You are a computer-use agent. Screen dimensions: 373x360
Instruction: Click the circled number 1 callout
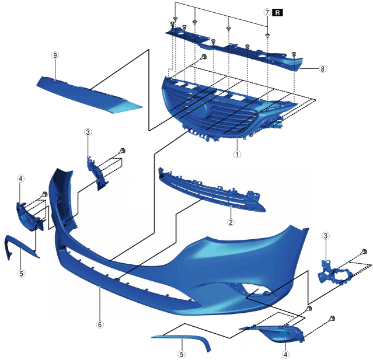pos(237,154)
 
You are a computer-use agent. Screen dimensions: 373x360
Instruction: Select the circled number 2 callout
pos(231,222)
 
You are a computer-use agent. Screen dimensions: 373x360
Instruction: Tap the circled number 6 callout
pos(100,324)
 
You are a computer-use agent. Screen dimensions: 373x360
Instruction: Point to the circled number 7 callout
pos(267,12)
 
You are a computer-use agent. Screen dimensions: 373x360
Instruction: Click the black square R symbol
pos(278,12)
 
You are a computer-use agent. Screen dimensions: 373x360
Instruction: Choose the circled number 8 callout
pos(322,69)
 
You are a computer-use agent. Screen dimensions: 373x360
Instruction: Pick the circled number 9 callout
pos(55,55)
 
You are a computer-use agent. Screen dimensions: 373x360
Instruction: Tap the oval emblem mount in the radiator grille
pos(203,110)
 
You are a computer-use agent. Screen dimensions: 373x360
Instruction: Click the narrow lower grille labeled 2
pos(212,190)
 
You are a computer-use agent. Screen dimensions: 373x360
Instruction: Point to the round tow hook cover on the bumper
pos(172,269)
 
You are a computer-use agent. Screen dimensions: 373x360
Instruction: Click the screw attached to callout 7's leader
pos(267,36)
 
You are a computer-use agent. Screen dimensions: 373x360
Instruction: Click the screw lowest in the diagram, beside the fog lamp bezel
pos(332,318)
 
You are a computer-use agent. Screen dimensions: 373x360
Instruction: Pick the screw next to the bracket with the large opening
pos(364,251)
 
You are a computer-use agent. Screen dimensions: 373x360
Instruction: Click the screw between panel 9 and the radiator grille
pos(203,57)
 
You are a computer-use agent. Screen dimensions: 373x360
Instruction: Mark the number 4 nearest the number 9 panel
pos(20,179)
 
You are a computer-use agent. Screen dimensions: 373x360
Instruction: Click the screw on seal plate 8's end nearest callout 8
pos(294,54)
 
